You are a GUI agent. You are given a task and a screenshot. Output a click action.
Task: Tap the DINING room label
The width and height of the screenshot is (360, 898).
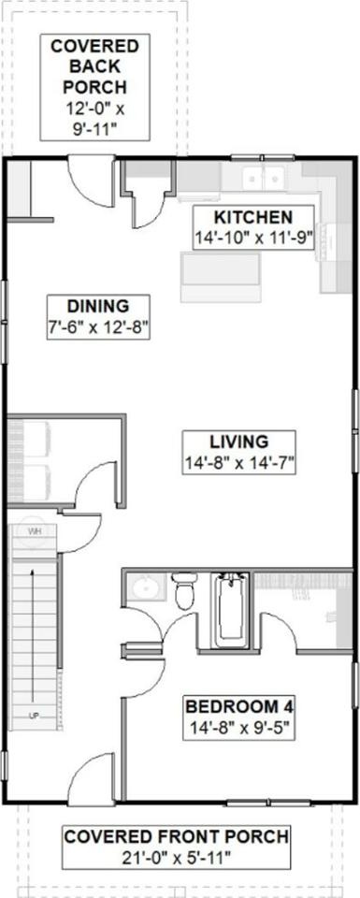tap(97, 305)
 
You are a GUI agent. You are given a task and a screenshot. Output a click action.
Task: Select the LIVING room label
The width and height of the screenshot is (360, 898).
tap(238, 441)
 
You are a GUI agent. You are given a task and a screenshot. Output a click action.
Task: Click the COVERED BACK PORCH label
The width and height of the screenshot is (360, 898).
tap(94, 65)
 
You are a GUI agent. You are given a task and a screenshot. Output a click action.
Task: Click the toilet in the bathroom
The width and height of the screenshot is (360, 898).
tap(184, 592)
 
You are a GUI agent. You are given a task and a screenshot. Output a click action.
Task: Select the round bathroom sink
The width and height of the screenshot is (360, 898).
tap(144, 588)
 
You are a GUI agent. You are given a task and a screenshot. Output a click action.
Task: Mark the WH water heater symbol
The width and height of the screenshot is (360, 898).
tap(36, 531)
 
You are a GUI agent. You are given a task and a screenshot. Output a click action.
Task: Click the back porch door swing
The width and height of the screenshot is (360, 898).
tap(89, 180)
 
